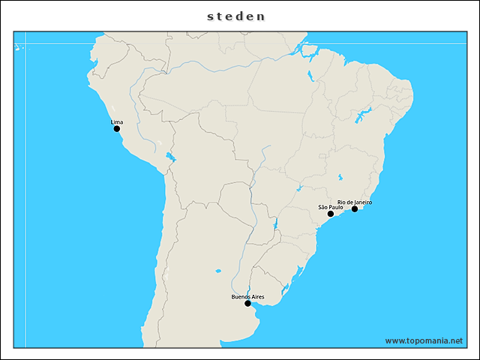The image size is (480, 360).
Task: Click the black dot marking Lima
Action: pyautogui.click(x=117, y=129)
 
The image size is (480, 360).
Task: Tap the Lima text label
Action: pyautogui.click(x=116, y=121)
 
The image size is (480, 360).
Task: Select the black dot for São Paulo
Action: pyautogui.click(x=331, y=214)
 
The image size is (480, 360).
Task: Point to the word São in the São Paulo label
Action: pyautogui.click(x=323, y=207)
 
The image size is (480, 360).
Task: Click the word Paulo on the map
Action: pyautogui.click(x=336, y=207)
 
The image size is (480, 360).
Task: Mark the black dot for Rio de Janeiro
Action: pyautogui.click(x=355, y=209)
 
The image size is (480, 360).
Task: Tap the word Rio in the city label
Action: pyautogui.click(x=340, y=202)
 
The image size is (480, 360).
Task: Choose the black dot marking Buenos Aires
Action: pyautogui.click(x=247, y=304)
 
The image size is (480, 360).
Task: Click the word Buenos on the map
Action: pyautogui.click(x=240, y=297)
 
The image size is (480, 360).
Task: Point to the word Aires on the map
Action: pyautogui.click(x=257, y=297)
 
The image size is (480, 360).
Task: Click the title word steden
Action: pyautogui.click(x=236, y=16)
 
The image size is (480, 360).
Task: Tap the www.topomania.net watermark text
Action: pyautogui.click(x=424, y=340)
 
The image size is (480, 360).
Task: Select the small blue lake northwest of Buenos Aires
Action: pyautogui.click(x=218, y=271)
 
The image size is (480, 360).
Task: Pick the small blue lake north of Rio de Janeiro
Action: pyautogui.click(x=341, y=178)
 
